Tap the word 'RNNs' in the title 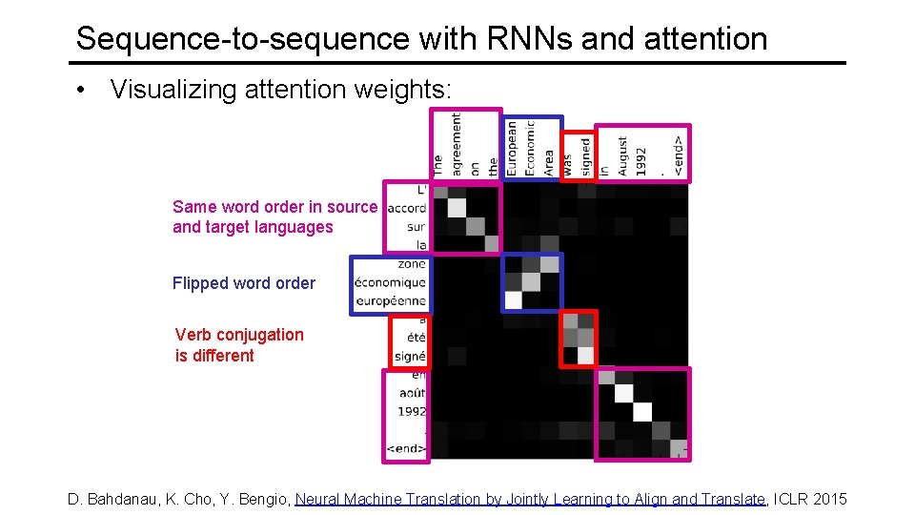[521, 38]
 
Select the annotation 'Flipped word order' [243, 283]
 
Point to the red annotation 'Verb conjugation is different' [239, 345]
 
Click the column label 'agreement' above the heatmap [456, 144]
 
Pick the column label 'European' [512, 148]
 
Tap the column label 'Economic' [530, 148]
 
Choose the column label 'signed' [585, 154]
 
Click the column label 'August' [622, 155]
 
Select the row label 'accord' [407, 209]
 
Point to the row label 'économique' [390, 282]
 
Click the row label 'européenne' [391, 300]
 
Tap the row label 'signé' [409, 357]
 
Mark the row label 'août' [412, 393]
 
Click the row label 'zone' [412, 264]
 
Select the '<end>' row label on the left [405, 448]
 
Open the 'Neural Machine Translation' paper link [531, 499]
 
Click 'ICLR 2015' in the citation [810, 499]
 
